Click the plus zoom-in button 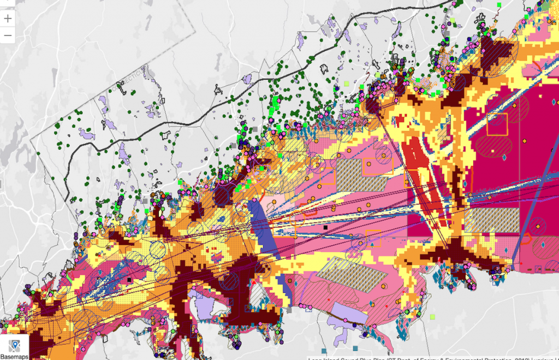(x=8, y=17)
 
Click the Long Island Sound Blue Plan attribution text (x=431, y=358)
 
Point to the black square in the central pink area (x=325, y=227)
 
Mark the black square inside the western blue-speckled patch (x=129, y=280)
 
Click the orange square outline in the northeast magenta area (x=497, y=124)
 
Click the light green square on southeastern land (x=432, y=316)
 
